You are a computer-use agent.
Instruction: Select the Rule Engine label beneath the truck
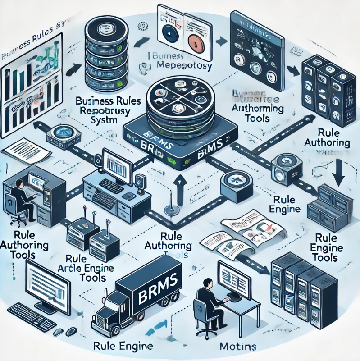(123, 346)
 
